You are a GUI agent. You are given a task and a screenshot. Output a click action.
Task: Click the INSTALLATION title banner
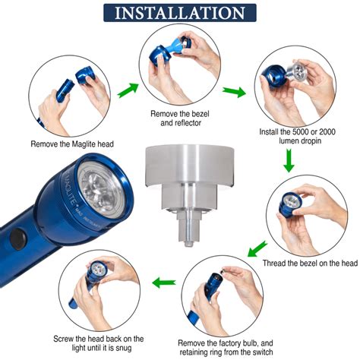(180, 13)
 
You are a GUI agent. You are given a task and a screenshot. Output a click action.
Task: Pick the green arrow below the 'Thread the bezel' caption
(258, 248)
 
